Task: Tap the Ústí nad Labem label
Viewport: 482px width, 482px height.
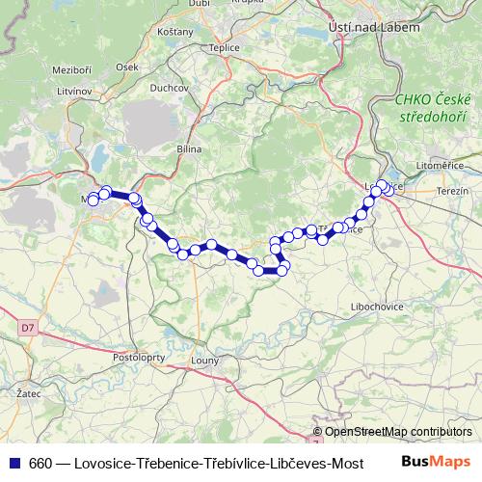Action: [x=375, y=28]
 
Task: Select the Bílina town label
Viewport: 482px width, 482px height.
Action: [x=187, y=150]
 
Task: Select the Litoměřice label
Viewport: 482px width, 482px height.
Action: [x=435, y=166]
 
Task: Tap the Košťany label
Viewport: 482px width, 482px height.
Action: [x=175, y=33]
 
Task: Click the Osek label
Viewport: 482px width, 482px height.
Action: [x=126, y=67]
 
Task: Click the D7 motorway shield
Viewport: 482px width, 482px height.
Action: [x=26, y=328]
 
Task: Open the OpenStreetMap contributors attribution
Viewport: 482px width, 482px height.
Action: [x=398, y=432]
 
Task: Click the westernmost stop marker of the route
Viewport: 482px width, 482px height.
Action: [x=94, y=200]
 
